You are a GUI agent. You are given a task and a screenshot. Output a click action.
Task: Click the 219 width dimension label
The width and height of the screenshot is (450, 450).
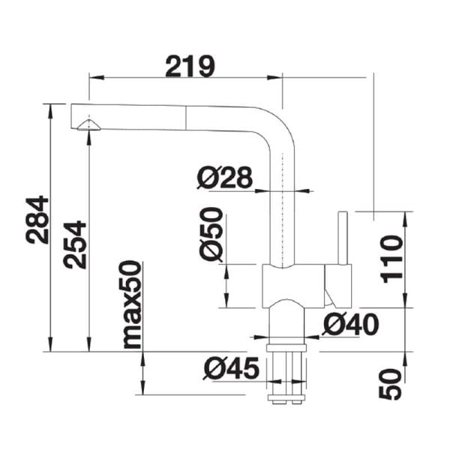coord(190,67)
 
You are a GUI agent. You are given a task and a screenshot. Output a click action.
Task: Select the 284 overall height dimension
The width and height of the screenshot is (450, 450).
coord(37,220)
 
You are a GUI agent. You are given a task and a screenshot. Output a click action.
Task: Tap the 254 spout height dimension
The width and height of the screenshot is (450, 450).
coord(74,244)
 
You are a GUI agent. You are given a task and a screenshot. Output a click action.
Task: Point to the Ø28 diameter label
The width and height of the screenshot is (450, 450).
coord(224,178)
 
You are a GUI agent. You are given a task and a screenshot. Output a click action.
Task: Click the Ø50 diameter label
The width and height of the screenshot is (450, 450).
coord(211,234)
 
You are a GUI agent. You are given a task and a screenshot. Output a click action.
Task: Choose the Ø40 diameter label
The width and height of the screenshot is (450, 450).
coord(350,324)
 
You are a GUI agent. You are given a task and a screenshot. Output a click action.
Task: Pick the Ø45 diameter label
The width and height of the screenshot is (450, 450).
coord(231,368)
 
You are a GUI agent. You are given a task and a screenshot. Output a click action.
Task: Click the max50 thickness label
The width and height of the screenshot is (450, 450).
coord(131,304)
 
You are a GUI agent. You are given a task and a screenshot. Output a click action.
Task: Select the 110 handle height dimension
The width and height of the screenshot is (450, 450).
coord(391,259)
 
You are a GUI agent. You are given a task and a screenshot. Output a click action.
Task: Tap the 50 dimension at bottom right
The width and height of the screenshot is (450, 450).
coord(391,383)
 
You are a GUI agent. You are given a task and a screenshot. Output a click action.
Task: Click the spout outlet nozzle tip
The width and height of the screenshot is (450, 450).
coord(88,125)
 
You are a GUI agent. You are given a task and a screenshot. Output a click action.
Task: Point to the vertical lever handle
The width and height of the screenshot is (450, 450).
coord(343,238)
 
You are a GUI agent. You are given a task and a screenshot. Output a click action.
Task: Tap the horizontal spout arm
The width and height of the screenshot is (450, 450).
coord(172,120)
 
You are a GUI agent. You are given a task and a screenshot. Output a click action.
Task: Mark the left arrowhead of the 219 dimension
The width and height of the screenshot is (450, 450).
coord(94,76)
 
